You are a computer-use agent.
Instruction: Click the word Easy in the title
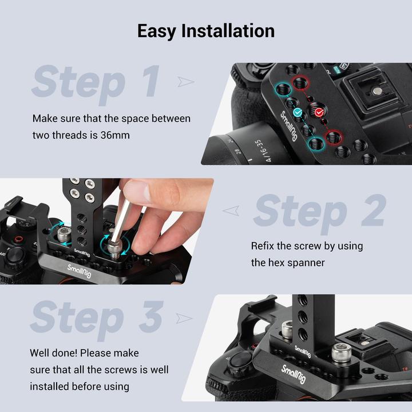tap(156, 30)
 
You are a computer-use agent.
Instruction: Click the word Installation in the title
tap(228, 30)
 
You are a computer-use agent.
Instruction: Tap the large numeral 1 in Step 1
tap(149, 81)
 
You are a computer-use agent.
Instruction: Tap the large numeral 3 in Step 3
tap(150, 317)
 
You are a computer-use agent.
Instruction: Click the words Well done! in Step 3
tap(57, 352)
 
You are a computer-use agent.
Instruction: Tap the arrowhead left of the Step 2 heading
tap(231, 211)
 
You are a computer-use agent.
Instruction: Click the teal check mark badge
tap(298, 113)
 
